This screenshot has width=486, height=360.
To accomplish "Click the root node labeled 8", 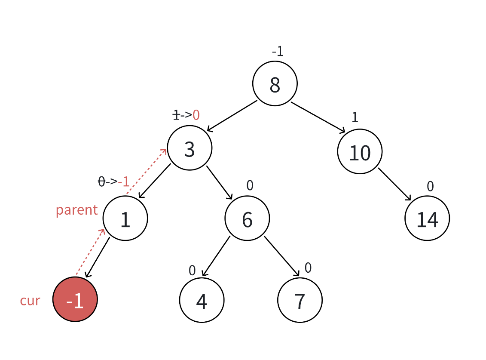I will pyautogui.click(x=275, y=83).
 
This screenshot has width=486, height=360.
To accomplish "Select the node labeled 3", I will pyautogui.click(x=190, y=148).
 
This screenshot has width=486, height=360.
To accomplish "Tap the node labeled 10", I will pyautogui.click(x=360, y=152).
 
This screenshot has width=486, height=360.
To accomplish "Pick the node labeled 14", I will pyautogui.click(x=427, y=218).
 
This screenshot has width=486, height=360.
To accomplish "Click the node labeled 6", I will pyautogui.click(x=247, y=218).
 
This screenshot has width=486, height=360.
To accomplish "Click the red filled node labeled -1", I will pyautogui.click(x=75, y=300).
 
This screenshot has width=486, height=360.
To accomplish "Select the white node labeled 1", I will pyautogui.click(x=125, y=218).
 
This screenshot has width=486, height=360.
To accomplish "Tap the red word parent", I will pyautogui.click(x=77, y=210).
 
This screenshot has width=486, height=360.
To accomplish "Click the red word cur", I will pyautogui.click(x=30, y=300).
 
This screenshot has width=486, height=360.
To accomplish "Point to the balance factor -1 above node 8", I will pyautogui.click(x=278, y=52).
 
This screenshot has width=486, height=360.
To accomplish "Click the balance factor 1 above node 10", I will pyautogui.click(x=355, y=117).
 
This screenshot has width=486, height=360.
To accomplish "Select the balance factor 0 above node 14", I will pyautogui.click(x=430, y=186).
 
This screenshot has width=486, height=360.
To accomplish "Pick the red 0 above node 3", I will pyautogui.click(x=196, y=115).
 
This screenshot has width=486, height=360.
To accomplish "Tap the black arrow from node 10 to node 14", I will pyautogui.click(x=394, y=184).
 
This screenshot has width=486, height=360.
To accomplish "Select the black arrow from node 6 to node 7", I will pyautogui.click(x=282, y=256).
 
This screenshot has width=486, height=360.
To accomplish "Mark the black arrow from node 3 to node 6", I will pyautogui.click(x=219, y=182).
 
